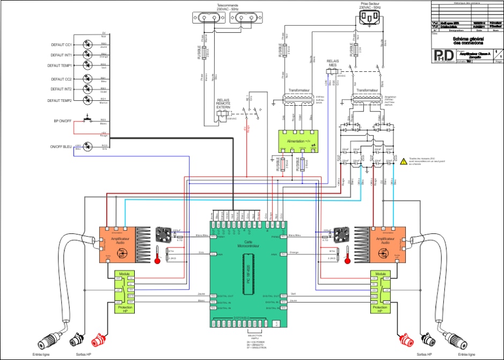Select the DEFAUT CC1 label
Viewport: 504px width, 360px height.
[61, 45]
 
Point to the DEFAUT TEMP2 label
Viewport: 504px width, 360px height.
[60, 100]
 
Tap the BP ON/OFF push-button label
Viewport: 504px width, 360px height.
[62, 121]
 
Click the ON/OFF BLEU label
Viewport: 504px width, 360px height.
[61, 146]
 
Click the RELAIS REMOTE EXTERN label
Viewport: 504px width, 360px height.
[223, 104]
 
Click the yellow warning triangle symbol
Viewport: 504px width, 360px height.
[404, 160]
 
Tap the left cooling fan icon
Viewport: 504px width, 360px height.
[163, 234]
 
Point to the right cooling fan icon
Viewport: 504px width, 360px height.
[340, 234]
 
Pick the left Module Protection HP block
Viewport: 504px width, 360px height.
[124, 293]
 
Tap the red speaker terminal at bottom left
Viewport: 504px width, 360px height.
[99, 340]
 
